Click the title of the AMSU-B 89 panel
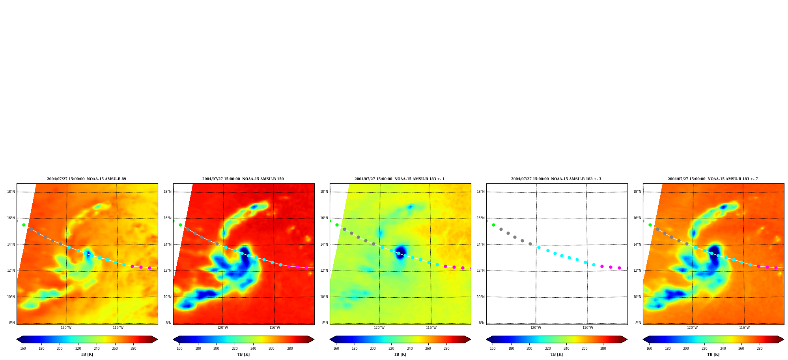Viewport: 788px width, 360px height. tap(86, 179)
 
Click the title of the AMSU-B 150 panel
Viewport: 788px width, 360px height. tap(243, 179)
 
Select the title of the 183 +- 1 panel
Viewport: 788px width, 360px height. tap(400, 179)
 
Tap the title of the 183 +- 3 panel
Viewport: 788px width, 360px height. tap(556, 179)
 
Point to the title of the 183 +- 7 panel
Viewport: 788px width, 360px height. tap(713, 179)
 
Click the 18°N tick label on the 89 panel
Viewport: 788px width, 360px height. tap(11, 192)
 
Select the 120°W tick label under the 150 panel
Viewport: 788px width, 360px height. tap(222, 328)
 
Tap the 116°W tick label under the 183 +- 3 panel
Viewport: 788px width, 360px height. tap(588, 328)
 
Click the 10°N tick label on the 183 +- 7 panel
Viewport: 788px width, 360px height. tap(637, 297)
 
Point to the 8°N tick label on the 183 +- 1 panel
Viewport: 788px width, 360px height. tap(325, 323)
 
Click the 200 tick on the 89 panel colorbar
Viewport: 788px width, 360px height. tap(60, 349)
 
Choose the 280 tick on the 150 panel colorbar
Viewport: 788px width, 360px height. tap(290, 349)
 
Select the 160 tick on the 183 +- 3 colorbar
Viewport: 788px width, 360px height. tap(493, 349)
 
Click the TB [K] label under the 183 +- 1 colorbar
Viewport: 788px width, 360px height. tap(400, 354)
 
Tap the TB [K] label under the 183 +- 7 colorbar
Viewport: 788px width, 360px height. tap(713, 354)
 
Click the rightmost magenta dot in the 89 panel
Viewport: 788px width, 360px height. tap(149, 268)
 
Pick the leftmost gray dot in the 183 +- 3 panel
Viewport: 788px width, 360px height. tap(501, 229)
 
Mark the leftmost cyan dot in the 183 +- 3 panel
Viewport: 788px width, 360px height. tap(539, 247)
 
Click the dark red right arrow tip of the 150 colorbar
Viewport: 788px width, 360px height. tap(314, 339)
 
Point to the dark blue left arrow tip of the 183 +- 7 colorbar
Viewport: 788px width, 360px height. tap(643, 339)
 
